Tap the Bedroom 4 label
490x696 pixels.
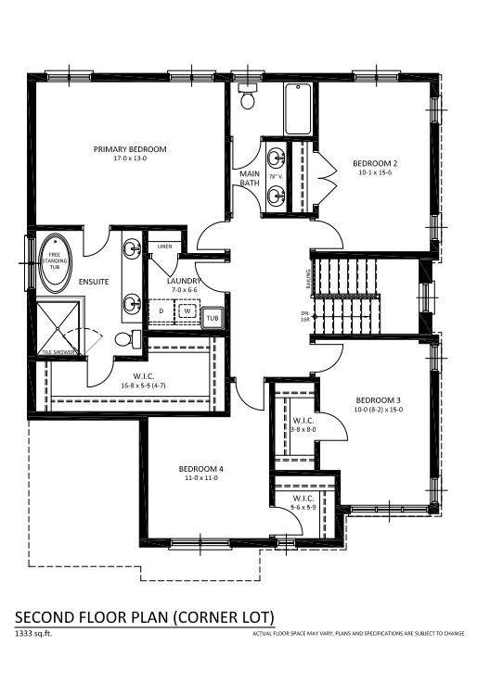201,469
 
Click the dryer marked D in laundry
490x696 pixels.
161,312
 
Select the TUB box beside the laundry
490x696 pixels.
213,318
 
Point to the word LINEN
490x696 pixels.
164,247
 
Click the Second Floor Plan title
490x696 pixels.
144,617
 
